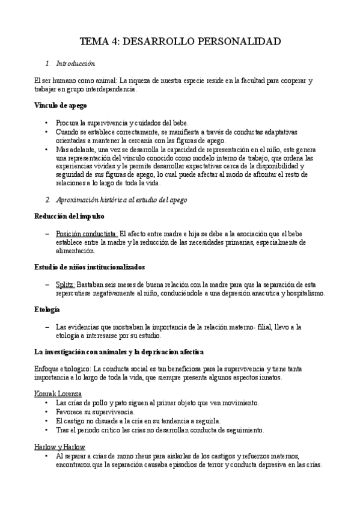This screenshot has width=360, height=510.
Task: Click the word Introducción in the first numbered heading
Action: (x=75, y=63)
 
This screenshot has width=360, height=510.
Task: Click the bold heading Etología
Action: (x=47, y=309)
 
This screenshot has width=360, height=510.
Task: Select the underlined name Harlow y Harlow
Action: (x=59, y=447)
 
